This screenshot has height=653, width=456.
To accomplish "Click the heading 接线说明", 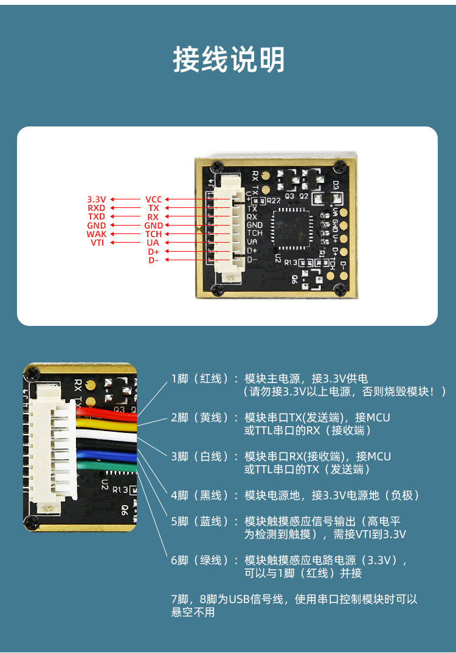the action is (228, 60).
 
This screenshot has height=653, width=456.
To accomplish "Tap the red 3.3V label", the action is (97, 199).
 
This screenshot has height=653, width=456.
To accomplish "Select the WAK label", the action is (97, 234).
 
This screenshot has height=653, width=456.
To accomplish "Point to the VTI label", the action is (97, 243).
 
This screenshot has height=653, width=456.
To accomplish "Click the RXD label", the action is (97, 208).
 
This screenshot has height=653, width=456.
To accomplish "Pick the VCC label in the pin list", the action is (153, 199).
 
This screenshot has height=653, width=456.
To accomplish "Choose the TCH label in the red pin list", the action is (153, 234).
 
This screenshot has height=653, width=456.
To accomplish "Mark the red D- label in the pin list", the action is (153, 260).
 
